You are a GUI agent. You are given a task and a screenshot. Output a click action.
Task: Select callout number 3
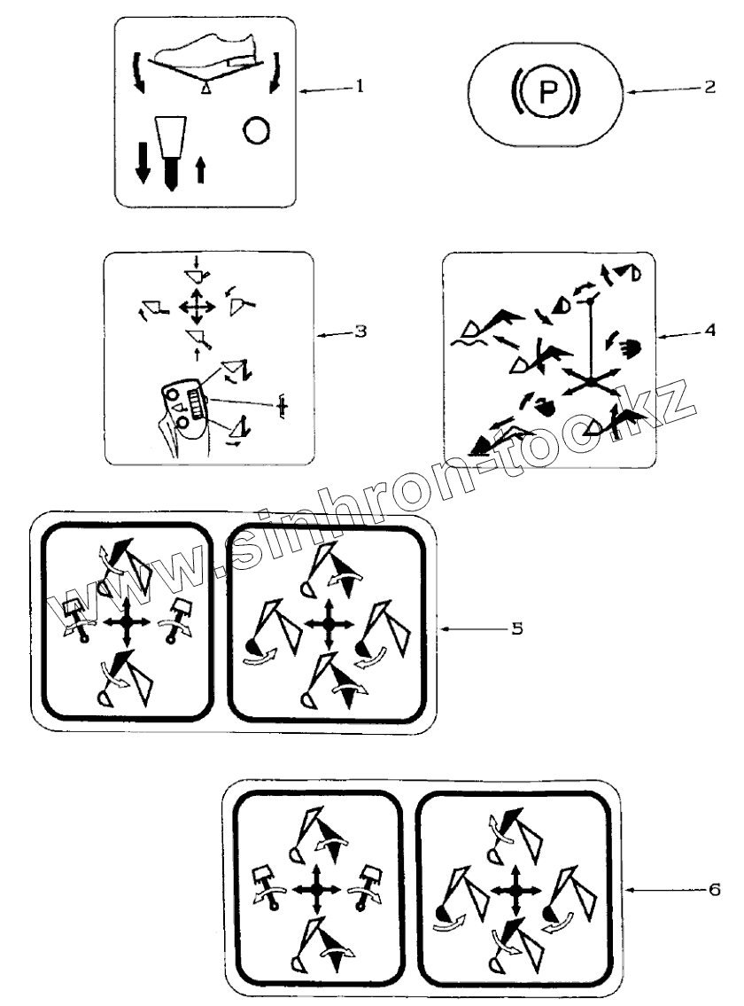tap(360, 331)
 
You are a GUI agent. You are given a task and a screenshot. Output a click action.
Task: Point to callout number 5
tap(516, 628)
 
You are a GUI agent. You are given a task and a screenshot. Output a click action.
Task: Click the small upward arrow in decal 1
tap(201, 168)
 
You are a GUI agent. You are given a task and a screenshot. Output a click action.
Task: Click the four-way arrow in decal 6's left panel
tap(317, 887)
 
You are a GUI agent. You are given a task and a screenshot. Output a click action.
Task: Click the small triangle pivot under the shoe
tap(205, 88)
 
